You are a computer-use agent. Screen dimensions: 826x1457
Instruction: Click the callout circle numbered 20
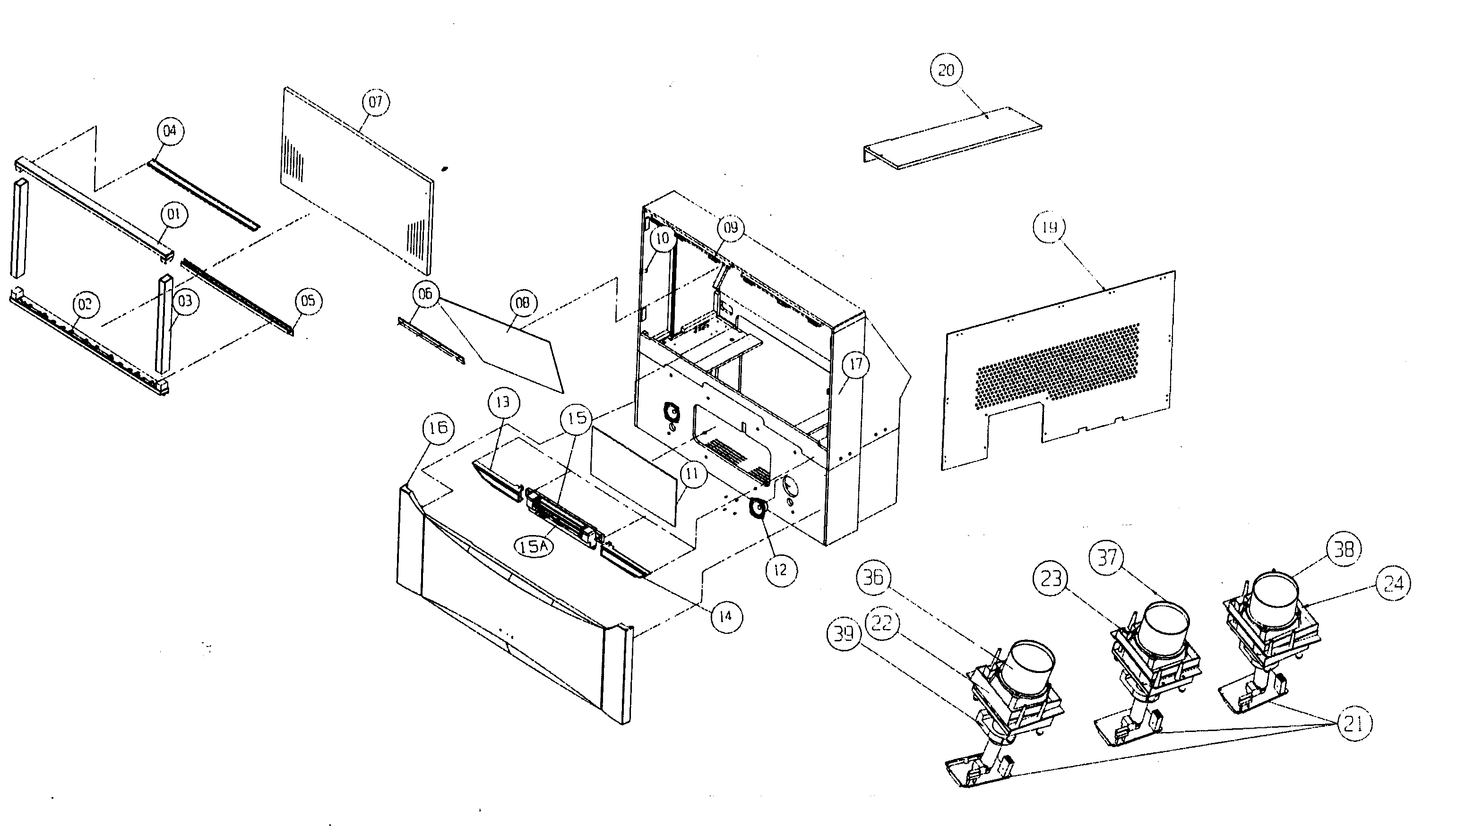946,70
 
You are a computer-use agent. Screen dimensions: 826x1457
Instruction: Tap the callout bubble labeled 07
375,102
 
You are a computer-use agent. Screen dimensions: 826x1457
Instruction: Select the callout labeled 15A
534,546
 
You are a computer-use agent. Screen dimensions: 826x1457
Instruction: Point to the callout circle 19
1049,226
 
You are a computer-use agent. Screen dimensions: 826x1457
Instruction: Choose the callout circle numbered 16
438,427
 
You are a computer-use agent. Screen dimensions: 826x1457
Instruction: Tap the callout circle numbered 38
1344,549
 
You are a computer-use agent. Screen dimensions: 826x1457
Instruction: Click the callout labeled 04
170,131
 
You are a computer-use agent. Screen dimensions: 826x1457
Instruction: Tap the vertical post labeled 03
164,324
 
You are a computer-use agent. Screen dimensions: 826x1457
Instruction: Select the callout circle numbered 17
855,364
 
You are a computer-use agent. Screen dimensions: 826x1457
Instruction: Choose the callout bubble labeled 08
522,302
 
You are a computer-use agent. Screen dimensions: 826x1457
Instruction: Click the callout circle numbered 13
503,402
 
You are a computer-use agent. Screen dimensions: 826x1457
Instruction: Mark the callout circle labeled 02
85,304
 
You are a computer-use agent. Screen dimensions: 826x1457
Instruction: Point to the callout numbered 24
1393,583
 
